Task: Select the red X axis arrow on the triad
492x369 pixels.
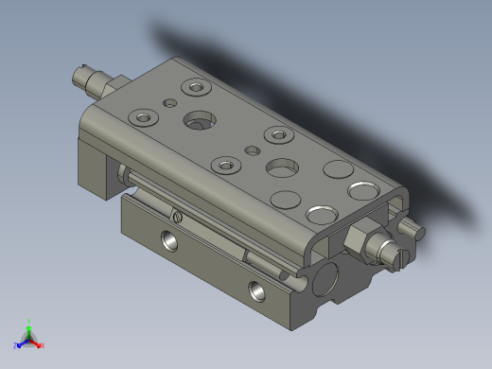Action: pyautogui.click(x=39, y=344)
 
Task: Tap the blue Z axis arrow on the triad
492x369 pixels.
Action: pyautogui.click(x=18, y=344)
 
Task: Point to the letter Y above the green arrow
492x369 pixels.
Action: pyautogui.click(x=28, y=320)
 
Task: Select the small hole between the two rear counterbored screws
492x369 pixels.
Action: pyautogui.click(x=170, y=101)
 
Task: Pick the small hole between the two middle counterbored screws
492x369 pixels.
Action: pyautogui.click(x=253, y=149)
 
